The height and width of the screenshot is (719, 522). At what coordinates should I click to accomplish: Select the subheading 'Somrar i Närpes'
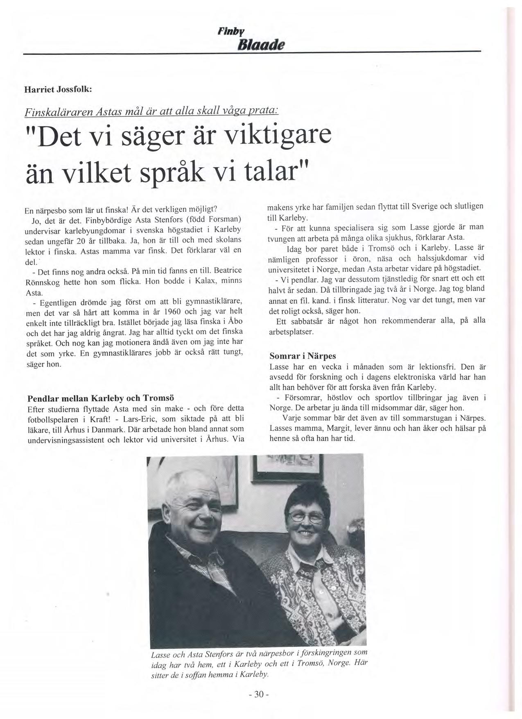(303, 355)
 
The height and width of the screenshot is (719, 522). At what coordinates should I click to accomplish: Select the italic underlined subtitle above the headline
(151, 111)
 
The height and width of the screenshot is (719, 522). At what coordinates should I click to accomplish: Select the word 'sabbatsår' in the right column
(304, 321)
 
